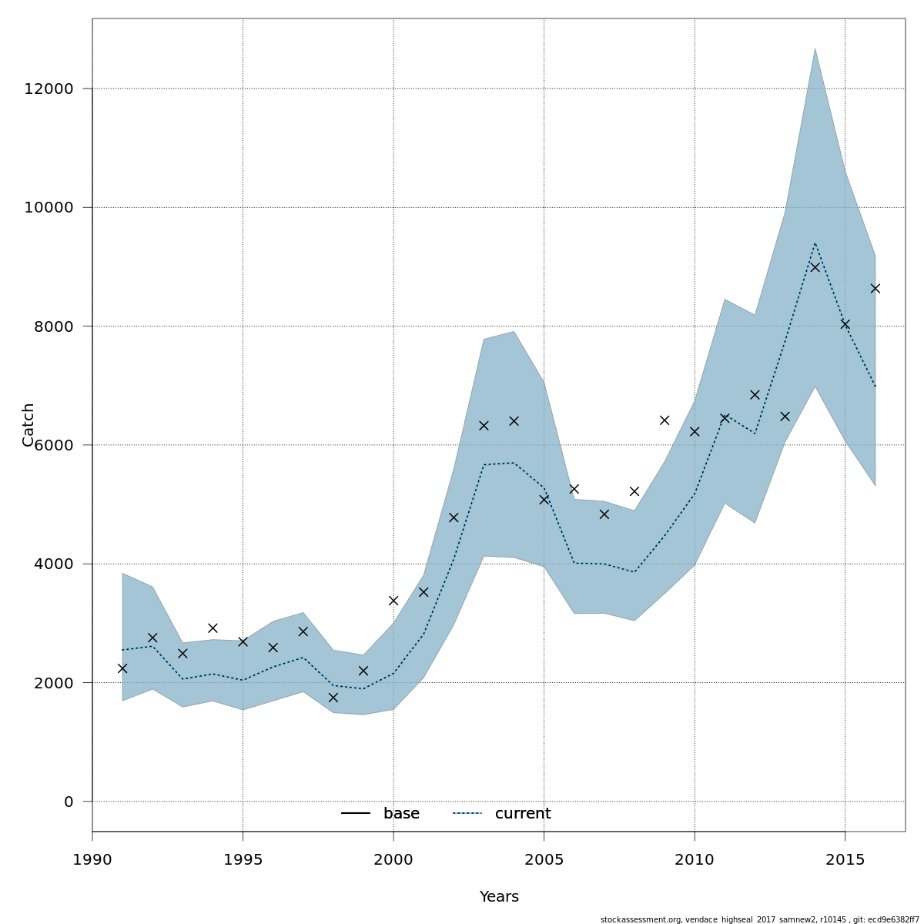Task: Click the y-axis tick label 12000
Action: [49, 89]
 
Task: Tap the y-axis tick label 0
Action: [69, 802]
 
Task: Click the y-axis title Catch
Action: [28, 424]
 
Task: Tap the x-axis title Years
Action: [499, 897]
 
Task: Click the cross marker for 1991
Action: [122, 668]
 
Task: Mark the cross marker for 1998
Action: [333, 698]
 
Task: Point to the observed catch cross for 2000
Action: [393, 601]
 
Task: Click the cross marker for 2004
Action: [514, 421]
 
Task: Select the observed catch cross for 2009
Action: [665, 420]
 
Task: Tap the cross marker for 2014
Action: [815, 267]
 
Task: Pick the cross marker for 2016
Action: [875, 289]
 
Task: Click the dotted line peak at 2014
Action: [815, 243]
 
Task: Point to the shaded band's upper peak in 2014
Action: [815, 49]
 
